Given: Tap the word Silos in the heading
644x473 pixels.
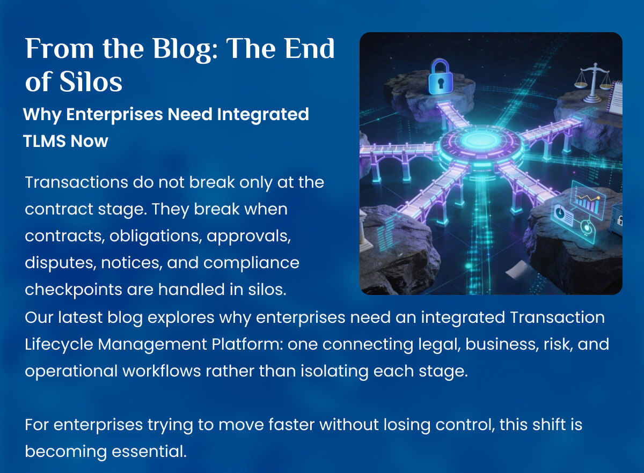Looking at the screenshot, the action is [x=91, y=82].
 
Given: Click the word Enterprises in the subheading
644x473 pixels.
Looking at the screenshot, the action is [x=115, y=115].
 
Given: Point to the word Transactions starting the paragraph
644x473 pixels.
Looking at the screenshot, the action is [x=76, y=182].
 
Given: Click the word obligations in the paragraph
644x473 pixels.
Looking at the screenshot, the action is [x=155, y=236].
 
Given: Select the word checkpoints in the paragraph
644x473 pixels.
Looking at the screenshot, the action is [x=74, y=290].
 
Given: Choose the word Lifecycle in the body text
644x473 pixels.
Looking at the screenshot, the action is [x=59, y=344].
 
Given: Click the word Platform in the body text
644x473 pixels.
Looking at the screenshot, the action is [x=247, y=344].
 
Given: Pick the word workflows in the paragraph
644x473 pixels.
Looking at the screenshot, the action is [x=162, y=371].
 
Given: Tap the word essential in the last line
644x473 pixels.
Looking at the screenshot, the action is [x=149, y=451].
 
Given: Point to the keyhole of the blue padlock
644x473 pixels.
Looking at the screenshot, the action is [x=441, y=83].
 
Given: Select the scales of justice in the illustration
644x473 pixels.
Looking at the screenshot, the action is [x=592, y=83].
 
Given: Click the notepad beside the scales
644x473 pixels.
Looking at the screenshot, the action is [x=614, y=97].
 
